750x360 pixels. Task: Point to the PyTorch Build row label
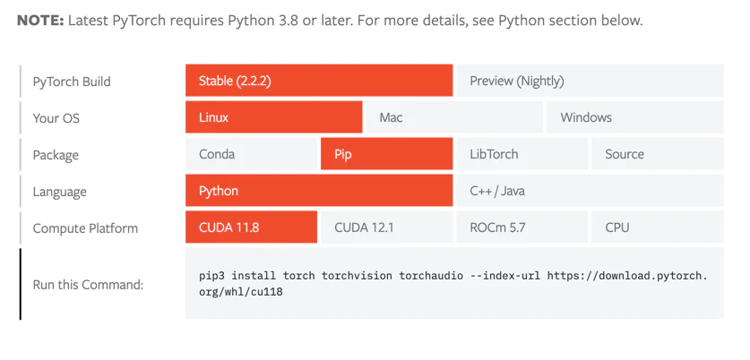[x=72, y=81]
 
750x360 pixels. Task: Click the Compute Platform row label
[x=85, y=228]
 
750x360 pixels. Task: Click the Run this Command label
[x=88, y=285]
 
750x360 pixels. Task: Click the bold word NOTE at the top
[x=39, y=20]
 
